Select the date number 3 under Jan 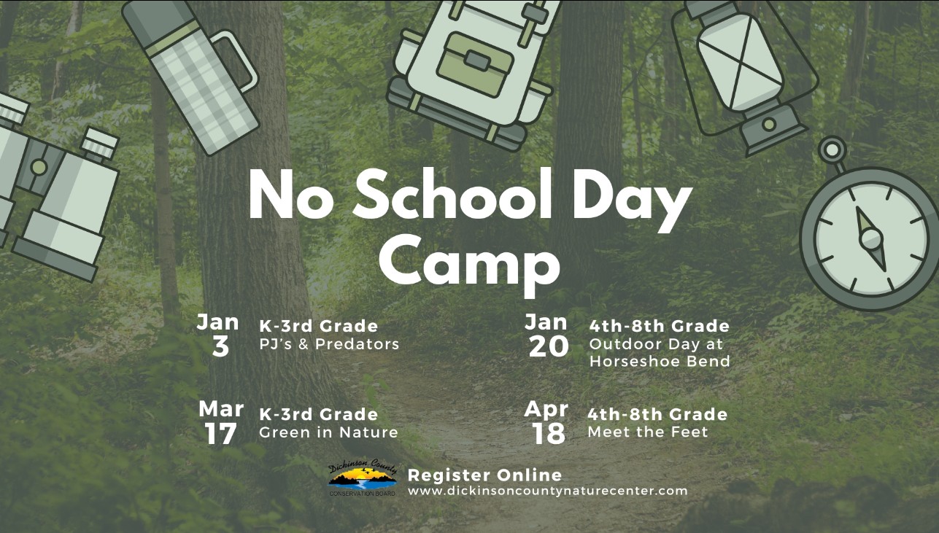pos(220,347)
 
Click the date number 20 pos(549,347)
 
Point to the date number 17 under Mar pos(220,434)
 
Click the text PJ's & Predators pos(329,344)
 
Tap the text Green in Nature pos(328,432)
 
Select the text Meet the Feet pos(648,432)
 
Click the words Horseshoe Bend pos(660,361)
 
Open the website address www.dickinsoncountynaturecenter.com pos(548,491)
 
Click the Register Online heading pos(484,475)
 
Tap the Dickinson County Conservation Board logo pos(363,478)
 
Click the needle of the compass pos(870,239)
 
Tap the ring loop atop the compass pos(832,150)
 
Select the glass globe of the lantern pos(740,63)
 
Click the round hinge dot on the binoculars pos(39,167)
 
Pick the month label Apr pos(546,409)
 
